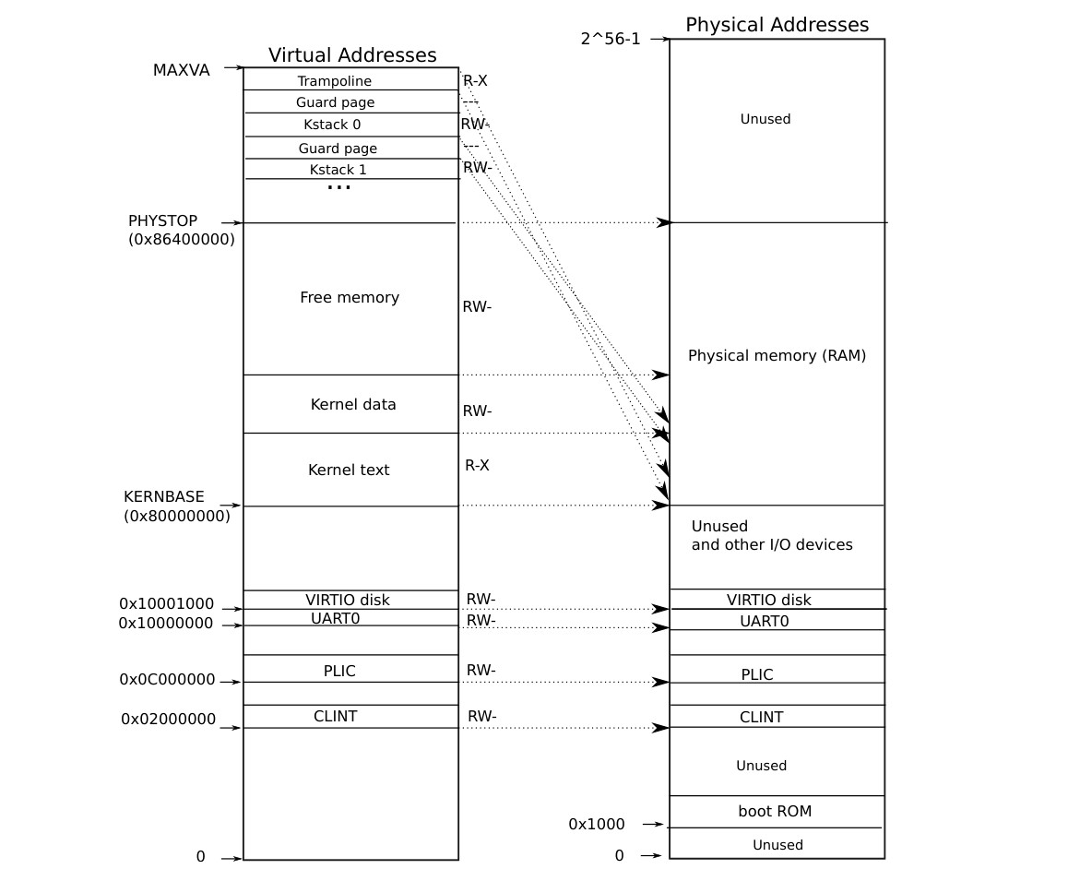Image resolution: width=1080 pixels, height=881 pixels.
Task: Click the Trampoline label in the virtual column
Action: coord(334,81)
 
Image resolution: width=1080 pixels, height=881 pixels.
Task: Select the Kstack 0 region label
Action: coord(332,125)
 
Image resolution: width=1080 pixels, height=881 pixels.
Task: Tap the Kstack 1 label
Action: coord(338,170)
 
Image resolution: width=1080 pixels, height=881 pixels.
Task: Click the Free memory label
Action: coord(350,297)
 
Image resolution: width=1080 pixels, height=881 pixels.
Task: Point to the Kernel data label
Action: coord(353,404)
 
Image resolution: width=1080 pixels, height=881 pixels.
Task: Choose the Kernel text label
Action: coord(349,470)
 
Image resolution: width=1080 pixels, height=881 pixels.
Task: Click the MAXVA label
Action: coord(181,70)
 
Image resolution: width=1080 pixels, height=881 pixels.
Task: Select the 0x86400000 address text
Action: coord(182,239)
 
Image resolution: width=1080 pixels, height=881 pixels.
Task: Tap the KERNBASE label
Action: coord(164,496)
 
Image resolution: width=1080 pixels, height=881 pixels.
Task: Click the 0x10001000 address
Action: coord(166,604)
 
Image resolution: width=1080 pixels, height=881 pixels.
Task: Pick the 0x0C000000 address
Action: coord(167,680)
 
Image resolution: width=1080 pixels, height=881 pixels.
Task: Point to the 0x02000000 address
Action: coord(168,719)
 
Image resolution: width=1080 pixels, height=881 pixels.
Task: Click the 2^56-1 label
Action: coord(611,39)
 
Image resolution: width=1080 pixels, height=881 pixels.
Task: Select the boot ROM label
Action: coord(775,812)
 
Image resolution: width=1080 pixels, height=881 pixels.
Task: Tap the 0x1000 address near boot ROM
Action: coord(596,824)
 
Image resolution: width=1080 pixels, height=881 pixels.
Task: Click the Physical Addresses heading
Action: coord(777,25)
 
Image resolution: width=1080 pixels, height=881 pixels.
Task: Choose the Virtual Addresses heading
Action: coord(352,55)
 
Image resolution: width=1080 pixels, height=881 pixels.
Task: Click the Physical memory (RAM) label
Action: coord(777,355)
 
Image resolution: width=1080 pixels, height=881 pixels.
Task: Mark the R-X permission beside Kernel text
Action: coord(477,466)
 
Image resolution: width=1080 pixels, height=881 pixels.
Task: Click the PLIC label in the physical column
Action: coord(757,674)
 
